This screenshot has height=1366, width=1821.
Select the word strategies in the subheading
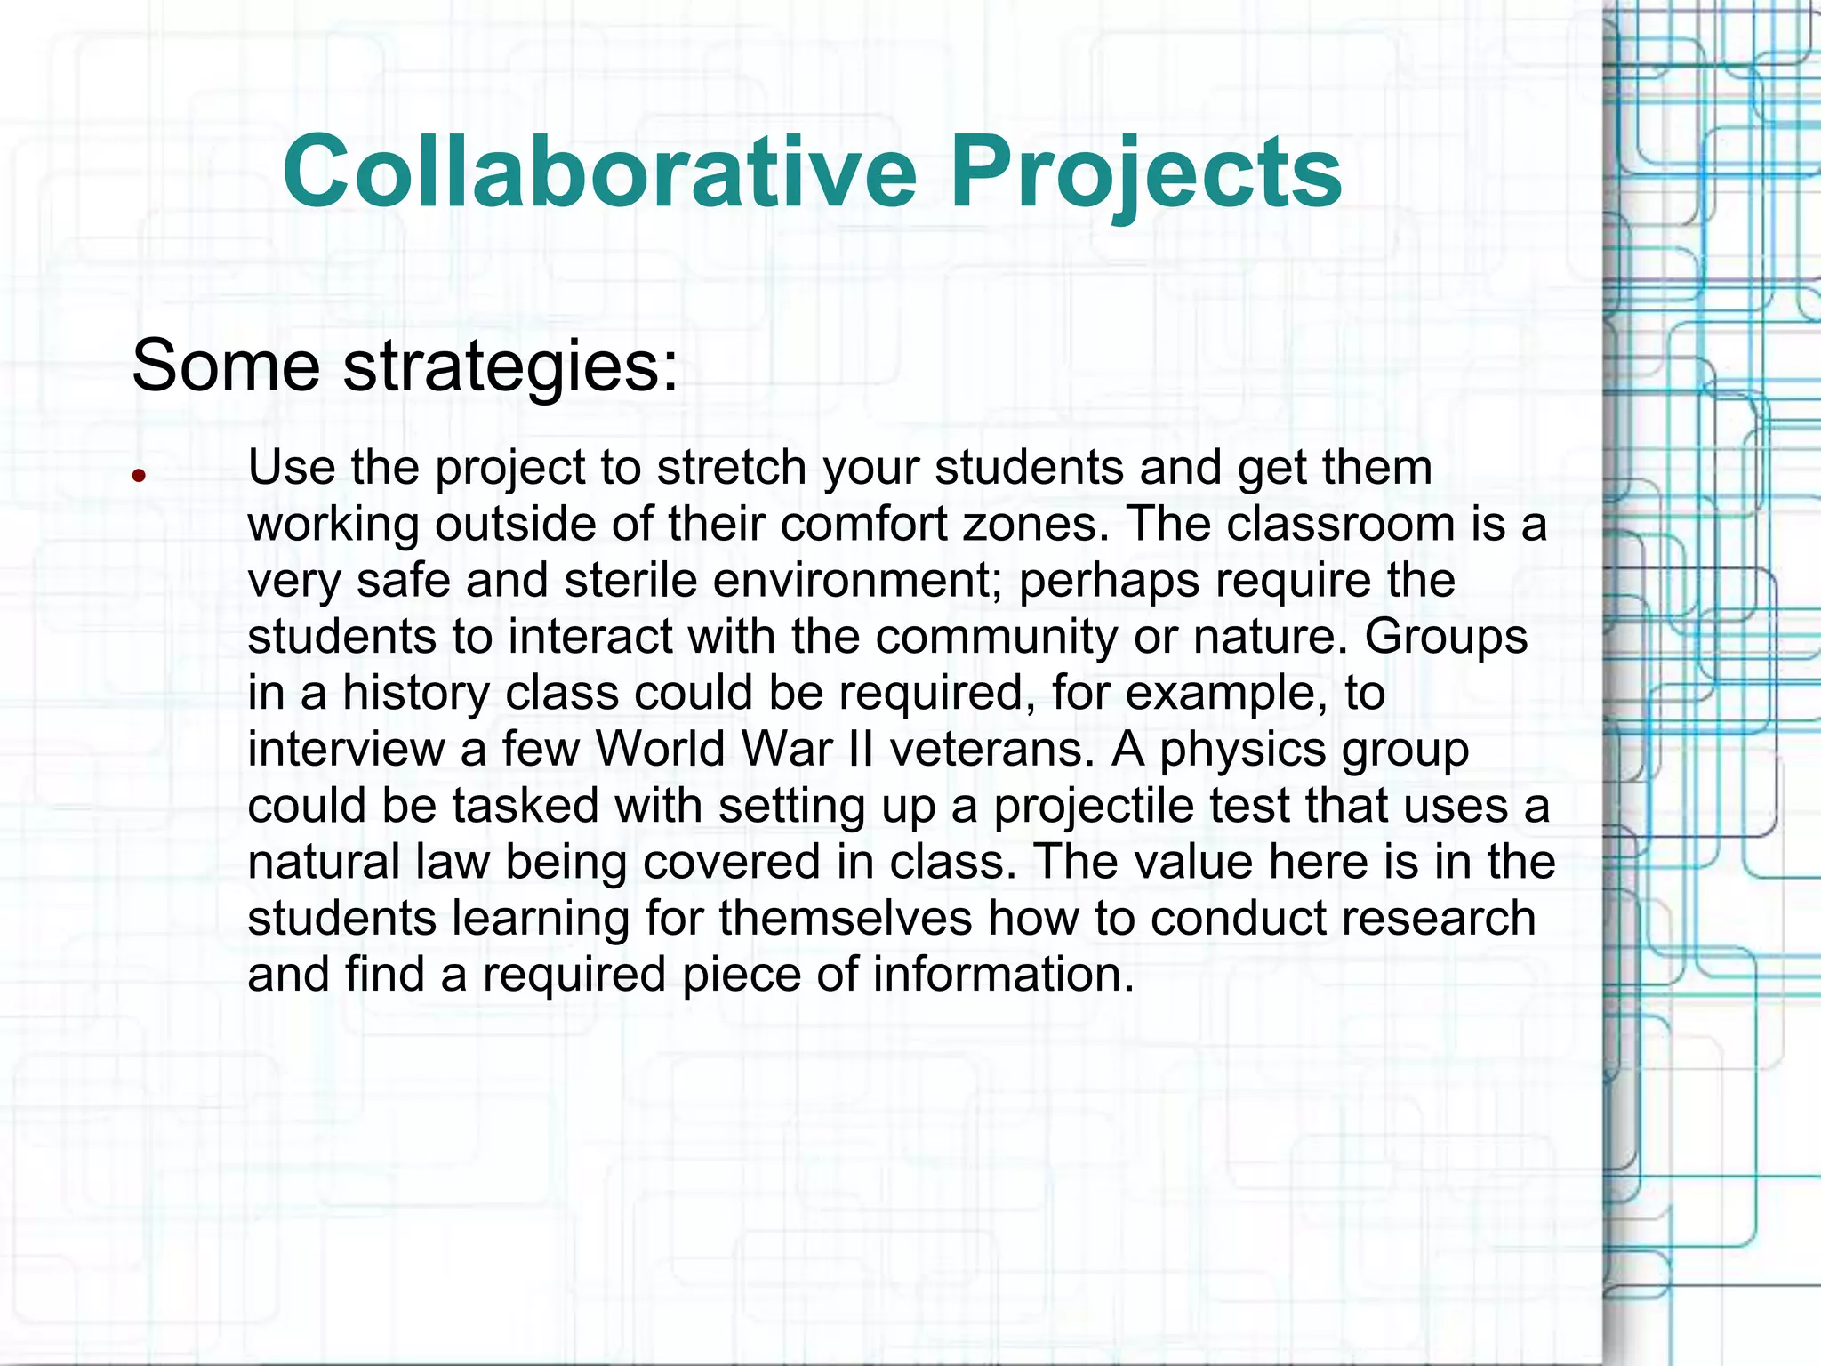(x=510, y=366)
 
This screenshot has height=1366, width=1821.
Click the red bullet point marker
(x=138, y=476)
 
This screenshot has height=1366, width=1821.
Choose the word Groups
(x=1446, y=637)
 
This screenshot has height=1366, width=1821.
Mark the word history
(x=415, y=693)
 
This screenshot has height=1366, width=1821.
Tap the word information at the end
(x=1004, y=974)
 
